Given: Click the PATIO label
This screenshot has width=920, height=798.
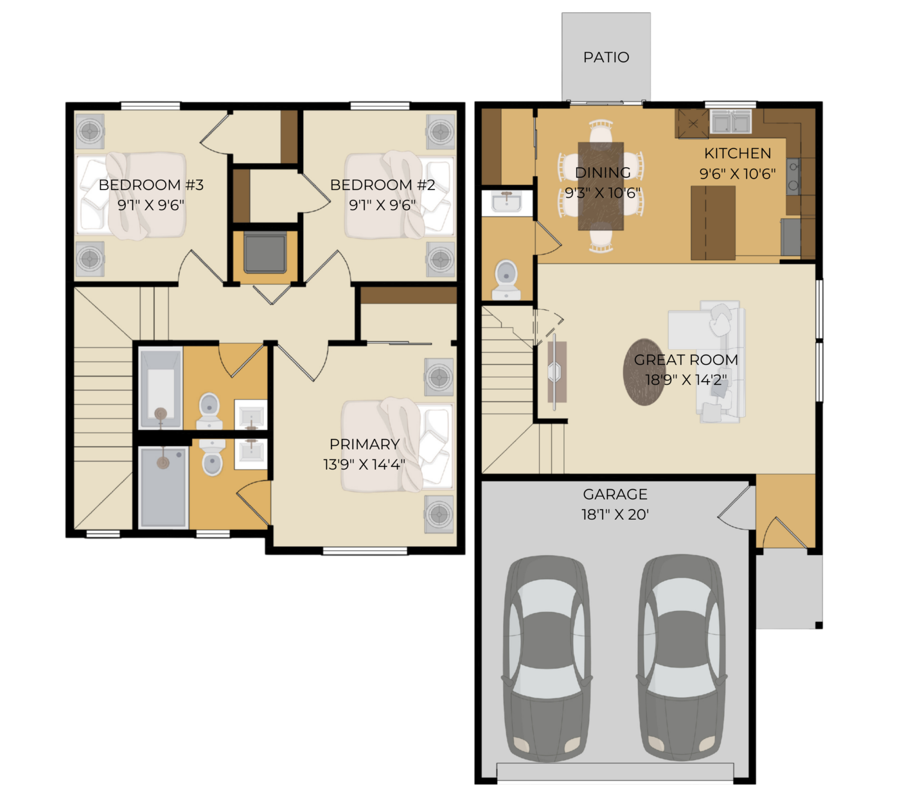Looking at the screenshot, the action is pos(606,57).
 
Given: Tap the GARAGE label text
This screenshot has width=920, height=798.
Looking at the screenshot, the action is pos(615,494).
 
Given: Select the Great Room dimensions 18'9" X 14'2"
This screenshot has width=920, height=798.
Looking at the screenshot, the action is pos(686,380).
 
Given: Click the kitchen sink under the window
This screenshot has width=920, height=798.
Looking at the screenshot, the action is pos(731,122).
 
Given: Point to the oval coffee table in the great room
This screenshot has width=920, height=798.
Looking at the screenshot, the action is pos(644,372).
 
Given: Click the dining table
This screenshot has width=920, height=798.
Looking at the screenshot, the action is pos(601,186).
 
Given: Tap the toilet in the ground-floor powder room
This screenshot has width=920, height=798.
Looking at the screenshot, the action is pos(506,280).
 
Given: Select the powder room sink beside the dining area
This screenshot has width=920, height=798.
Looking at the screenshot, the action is pos(507,202).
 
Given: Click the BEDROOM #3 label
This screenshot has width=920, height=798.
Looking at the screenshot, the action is pos(151,185).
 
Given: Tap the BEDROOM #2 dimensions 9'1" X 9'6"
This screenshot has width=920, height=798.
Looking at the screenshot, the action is pos(382,205).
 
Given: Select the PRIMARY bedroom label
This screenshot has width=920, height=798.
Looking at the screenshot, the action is pos(364,444).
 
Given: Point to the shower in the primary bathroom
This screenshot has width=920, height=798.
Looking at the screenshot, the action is pos(163,487).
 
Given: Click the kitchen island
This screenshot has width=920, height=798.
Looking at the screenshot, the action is pos(713,223).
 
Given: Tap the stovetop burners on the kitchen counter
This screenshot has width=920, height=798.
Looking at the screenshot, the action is pos(793,176).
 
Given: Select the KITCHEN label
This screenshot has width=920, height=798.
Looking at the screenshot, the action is pos(738,153).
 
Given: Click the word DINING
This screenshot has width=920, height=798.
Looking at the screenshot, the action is pos(602,172).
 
